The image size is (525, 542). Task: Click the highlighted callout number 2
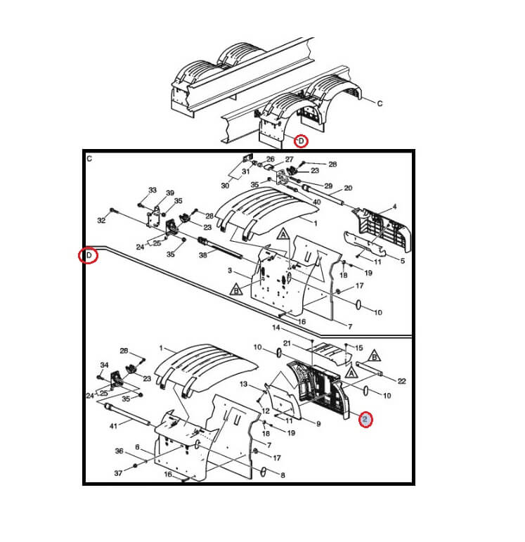[365, 420]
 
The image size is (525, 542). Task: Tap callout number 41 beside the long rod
[113, 426]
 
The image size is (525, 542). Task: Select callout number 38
[203, 255]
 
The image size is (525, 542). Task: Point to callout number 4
[395, 207]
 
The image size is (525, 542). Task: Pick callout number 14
[276, 327]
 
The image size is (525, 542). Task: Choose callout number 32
[101, 220]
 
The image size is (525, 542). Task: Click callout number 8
[283, 475]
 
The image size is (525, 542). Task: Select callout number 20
[348, 188]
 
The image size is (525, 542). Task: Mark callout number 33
[153, 190]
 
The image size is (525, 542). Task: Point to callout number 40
[316, 202]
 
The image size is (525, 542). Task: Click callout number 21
[287, 343]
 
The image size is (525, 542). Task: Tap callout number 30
[225, 186]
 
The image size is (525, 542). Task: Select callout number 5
[402, 261]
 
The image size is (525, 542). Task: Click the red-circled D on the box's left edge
[89, 255]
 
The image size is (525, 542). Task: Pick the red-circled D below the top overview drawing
[301, 141]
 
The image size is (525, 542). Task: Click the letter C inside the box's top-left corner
[89, 159]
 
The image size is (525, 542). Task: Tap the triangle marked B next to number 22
[374, 356]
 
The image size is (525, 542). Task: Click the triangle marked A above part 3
[283, 234]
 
